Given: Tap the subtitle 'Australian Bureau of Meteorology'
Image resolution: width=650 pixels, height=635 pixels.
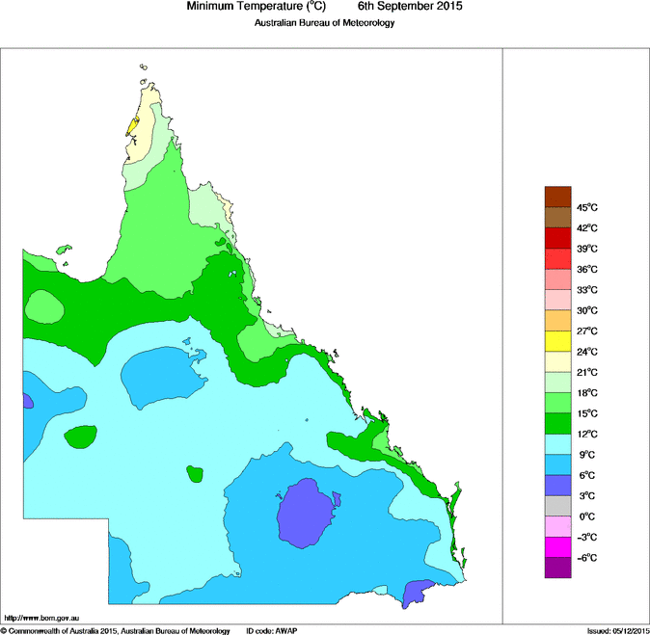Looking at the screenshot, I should click(x=325, y=22).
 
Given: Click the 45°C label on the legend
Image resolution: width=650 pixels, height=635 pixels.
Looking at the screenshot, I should click(x=587, y=208).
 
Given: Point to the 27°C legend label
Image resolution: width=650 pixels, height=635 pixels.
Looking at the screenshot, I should click(x=587, y=331).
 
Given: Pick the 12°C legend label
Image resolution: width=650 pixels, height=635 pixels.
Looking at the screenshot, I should click(x=587, y=434).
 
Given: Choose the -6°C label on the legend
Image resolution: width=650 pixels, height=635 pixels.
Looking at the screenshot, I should click(x=587, y=557).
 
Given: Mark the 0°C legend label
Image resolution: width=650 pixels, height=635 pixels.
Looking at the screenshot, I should click(x=587, y=516).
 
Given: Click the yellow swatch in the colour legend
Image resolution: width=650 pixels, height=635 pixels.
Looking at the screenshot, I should click(x=558, y=341).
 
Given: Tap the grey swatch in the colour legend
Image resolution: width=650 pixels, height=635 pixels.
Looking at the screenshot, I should click(x=558, y=505).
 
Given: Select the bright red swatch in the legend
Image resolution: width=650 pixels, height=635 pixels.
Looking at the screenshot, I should click(x=558, y=259).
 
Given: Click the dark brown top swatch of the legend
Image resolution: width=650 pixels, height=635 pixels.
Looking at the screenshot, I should click(x=558, y=198).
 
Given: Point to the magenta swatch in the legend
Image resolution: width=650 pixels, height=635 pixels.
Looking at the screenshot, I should click(x=558, y=546).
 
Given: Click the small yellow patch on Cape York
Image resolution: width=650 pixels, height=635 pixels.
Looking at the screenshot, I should click(x=133, y=126).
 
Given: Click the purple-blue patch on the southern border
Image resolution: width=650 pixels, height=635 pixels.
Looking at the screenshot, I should click(x=417, y=593).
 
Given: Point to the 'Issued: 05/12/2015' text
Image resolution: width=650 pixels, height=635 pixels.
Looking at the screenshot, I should click(x=617, y=630).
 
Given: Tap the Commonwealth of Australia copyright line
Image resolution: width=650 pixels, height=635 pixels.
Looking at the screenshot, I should click(x=115, y=630).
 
